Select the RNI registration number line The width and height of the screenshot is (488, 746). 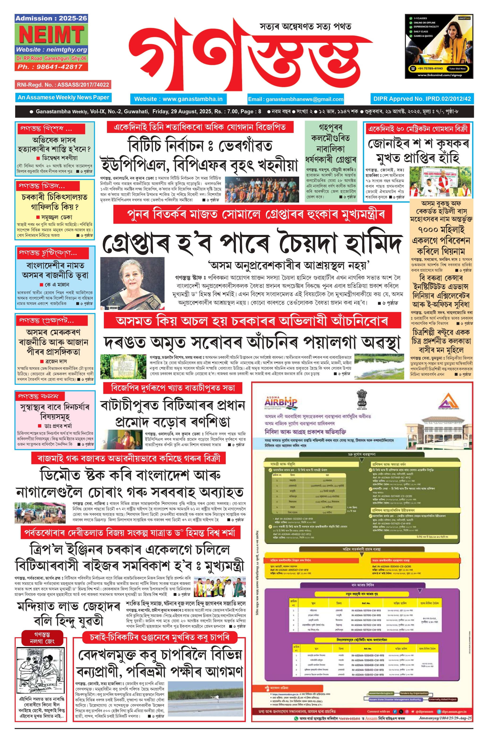click(63, 85)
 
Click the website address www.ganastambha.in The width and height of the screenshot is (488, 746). click(178, 99)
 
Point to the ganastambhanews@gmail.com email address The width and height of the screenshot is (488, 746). click(296, 99)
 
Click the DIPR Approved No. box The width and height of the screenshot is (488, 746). click(422, 99)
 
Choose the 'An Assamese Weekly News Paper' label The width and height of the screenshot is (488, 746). click(63, 97)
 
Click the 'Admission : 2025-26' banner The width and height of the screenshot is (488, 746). click(51, 18)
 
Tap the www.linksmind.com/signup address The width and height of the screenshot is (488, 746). click(439, 75)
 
